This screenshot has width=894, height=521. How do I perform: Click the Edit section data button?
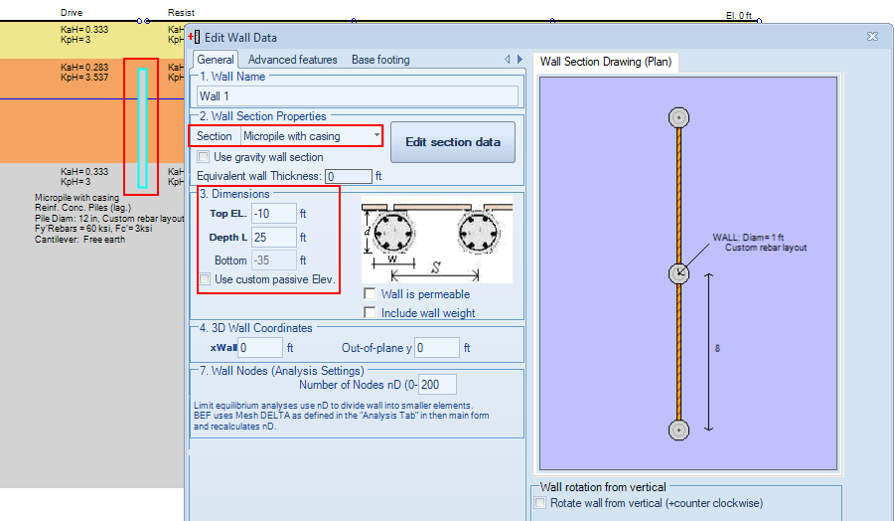coord(453,142)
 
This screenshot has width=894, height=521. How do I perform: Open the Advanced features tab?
coord(292,60)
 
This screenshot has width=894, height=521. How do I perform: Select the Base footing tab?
coord(380,60)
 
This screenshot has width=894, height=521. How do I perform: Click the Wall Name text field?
coord(358,95)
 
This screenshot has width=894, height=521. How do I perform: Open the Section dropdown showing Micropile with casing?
coord(311,136)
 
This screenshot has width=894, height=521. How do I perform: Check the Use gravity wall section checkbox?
coord(203,157)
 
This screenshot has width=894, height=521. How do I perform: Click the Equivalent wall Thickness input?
coord(349,176)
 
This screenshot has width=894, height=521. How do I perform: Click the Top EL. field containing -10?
coord(274,214)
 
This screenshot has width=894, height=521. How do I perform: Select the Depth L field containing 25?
coord(274,237)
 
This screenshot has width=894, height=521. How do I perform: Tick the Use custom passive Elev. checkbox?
coord(204,279)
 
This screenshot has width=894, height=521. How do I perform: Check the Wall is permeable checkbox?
coord(370,294)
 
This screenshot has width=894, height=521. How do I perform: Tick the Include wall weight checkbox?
coord(370,313)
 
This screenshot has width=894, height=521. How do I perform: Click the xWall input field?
coord(260,348)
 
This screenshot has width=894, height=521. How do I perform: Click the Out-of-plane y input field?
coord(437,348)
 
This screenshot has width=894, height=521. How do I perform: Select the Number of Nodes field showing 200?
coord(437,385)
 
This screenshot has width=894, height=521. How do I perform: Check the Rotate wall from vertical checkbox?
coord(540,503)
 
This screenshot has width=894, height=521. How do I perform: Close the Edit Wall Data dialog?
coord(872,37)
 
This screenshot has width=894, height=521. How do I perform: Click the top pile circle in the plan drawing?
coord(678,117)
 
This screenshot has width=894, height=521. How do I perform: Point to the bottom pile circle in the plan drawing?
coord(678,430)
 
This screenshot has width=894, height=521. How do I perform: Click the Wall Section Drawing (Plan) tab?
coord(606,62)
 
